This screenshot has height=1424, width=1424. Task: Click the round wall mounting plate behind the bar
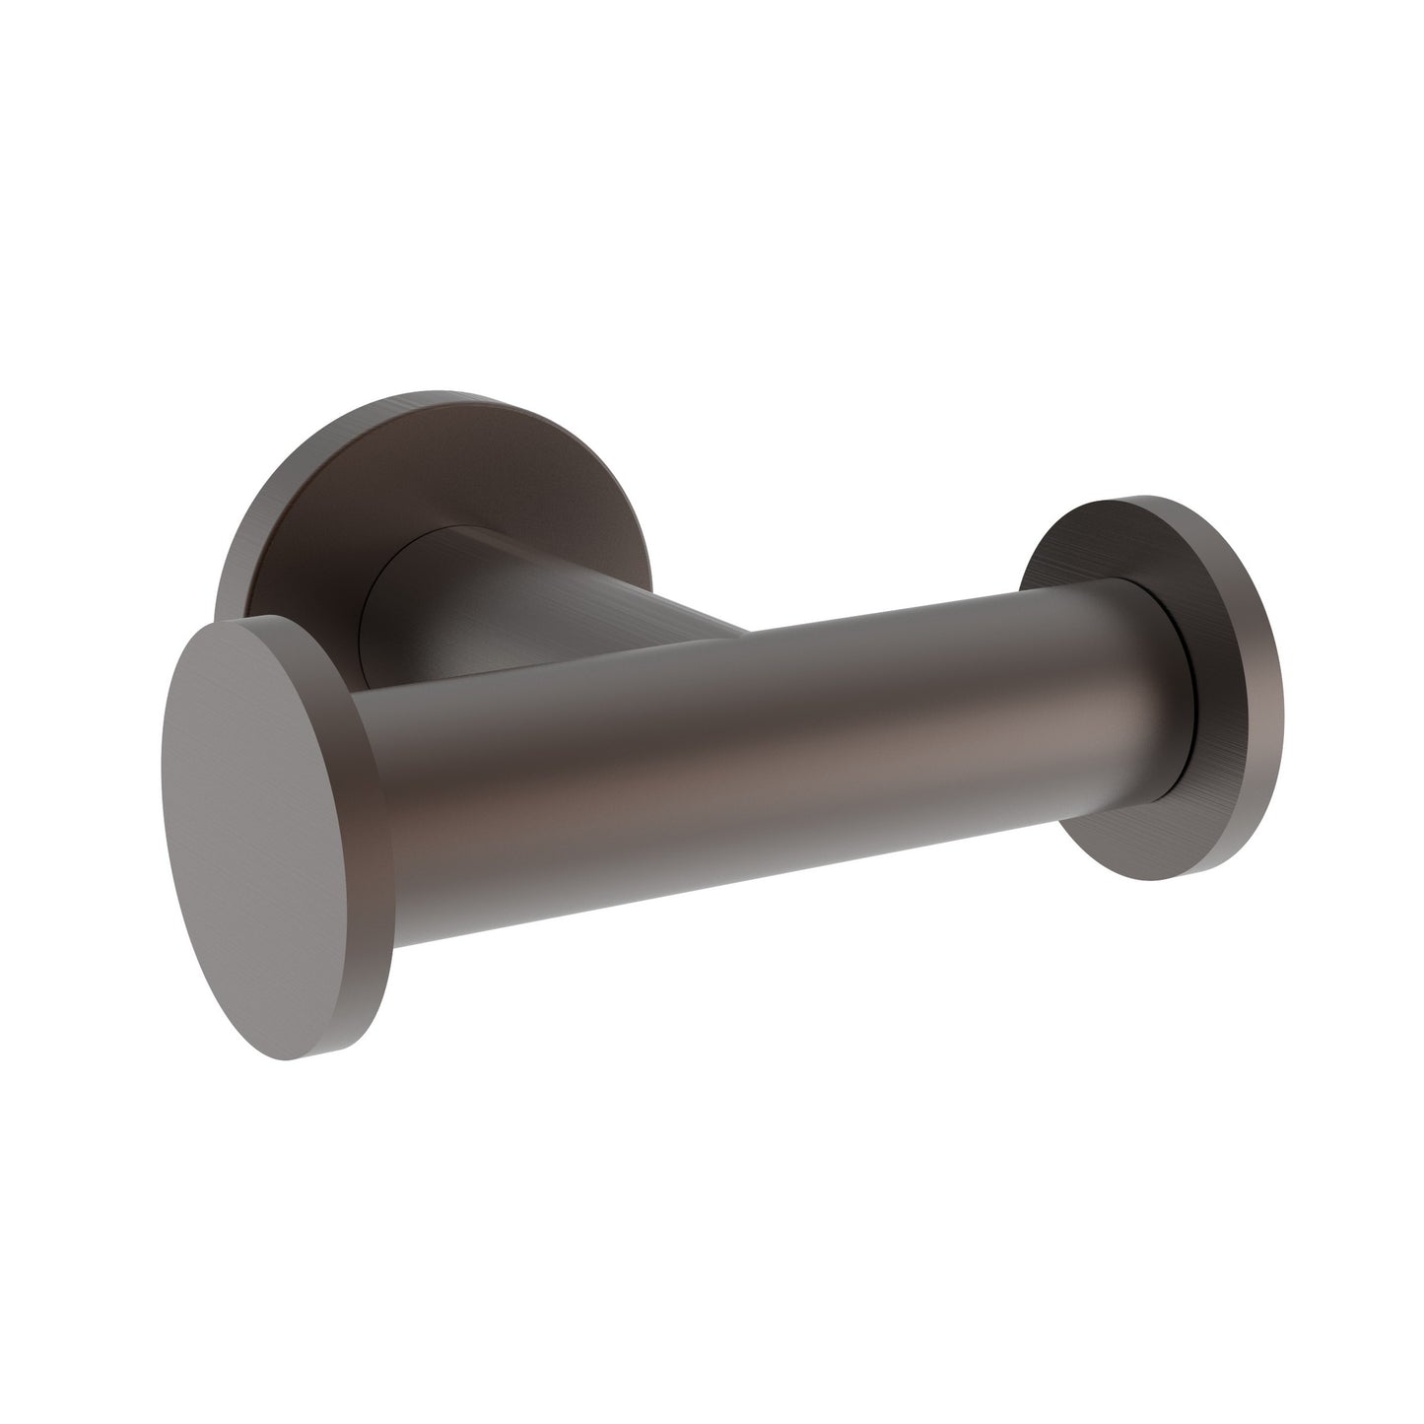[296, 512]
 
